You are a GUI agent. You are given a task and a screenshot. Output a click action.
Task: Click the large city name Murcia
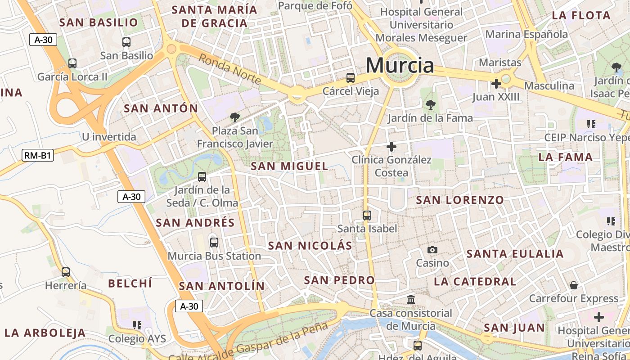[400, 66]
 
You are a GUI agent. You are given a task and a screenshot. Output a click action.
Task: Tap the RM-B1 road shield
[38, 156]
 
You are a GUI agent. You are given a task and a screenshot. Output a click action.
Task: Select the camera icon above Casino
[432, 250]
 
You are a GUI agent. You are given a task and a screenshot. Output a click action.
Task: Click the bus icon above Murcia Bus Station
[214, 243]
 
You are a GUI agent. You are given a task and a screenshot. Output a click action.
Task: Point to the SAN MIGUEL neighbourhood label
[289, 166]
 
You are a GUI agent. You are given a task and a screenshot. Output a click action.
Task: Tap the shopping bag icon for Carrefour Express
[574, 285]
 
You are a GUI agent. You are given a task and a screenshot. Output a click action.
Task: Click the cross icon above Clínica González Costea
[391, 146]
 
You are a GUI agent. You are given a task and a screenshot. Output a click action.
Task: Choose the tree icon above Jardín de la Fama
[431, 105]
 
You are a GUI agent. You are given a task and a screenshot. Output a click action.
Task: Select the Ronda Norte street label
[229, 69]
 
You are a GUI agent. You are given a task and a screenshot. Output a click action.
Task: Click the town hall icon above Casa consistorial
[411, 299]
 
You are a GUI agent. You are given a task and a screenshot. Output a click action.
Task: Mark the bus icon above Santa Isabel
[367, 216]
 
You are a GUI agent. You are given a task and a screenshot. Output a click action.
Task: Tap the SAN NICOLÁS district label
[310, 246]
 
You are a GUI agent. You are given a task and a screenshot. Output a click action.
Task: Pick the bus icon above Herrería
[66, 272]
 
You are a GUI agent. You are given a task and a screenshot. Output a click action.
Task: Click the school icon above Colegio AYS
[137, 325]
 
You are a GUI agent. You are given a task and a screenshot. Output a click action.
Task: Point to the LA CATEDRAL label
[475, 282]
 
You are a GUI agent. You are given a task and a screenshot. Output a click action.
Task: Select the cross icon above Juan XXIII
[496, 84]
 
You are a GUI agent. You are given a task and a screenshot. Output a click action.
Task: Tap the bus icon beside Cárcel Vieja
[351, 78]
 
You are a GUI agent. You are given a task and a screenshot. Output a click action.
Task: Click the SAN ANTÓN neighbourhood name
[161, 108]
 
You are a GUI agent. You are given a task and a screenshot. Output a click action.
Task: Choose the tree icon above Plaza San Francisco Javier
[234, 117]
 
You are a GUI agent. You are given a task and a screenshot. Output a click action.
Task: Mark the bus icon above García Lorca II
[72, 63]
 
